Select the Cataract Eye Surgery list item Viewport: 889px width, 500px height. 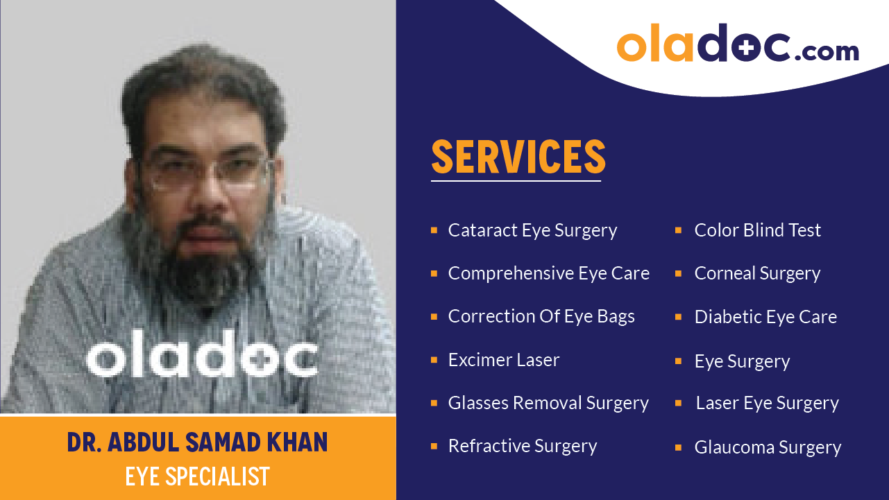coord(532,230)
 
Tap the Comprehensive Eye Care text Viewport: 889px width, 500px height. coord(548,273)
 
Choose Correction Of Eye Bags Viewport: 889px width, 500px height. coord(541,316)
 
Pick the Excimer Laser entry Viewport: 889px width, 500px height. coord(504,360)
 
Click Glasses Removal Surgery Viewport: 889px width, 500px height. coord(548,403)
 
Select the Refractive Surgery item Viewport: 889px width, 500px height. coord(523,446)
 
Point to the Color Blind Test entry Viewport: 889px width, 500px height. coord(758,230)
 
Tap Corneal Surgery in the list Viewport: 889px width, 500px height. coord(757,273)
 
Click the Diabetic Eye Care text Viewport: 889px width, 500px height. coord(765,317)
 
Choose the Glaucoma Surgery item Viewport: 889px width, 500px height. coord(768,447)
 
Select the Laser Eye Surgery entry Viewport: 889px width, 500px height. coord(767,403)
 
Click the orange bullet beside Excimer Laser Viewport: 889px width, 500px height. coord(434,360)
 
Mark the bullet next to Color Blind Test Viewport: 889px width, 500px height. coord(678,230)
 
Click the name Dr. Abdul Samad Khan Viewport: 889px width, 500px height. coord(197,442)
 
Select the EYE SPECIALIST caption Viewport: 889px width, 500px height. coord(197,476)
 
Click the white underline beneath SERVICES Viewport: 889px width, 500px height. coord(516,181)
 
